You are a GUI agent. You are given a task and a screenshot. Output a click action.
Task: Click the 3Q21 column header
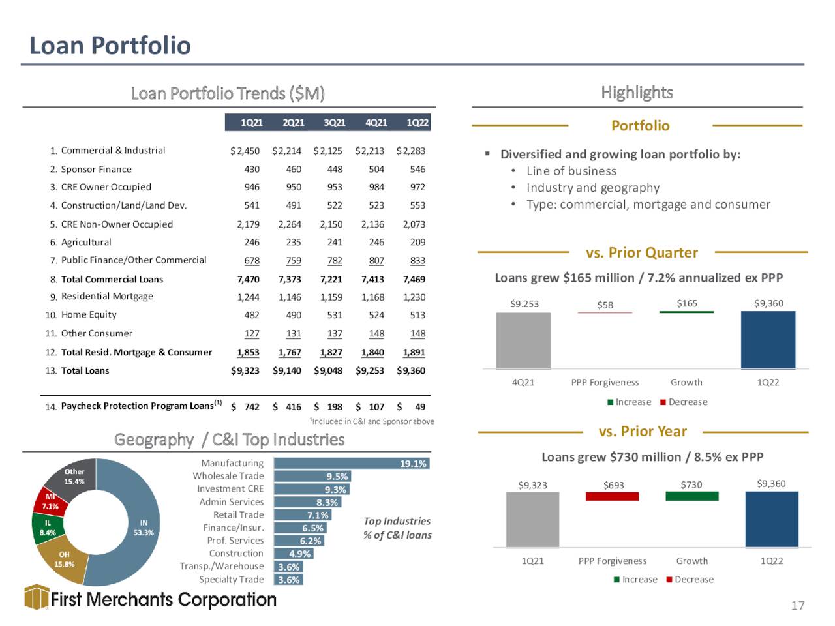(335, 123)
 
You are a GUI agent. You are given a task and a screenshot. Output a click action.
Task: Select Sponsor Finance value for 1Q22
(417, 169)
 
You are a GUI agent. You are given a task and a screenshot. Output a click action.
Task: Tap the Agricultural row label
(86, 242)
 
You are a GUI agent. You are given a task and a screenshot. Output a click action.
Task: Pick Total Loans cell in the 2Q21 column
(286, 370)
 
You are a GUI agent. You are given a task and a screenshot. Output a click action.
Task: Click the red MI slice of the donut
(49, 501)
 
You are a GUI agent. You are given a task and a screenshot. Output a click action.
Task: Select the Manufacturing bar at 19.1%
(352, 464)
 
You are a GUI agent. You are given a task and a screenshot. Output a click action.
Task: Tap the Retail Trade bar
(303, 515)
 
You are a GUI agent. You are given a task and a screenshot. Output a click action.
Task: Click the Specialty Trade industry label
(232, 579)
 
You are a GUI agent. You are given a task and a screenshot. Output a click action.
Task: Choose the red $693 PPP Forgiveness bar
(612, 496)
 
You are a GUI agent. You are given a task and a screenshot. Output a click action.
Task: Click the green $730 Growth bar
(692, 496)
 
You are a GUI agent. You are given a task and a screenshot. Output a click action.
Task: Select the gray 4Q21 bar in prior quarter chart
(523, 340)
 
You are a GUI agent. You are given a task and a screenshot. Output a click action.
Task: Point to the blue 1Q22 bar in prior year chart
(772, 520)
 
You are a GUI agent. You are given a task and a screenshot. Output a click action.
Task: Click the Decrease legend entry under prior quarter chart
(684, 402)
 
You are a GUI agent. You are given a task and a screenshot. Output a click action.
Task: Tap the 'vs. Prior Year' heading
(643, 432)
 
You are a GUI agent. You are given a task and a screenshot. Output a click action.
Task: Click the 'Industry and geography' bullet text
(593, 188)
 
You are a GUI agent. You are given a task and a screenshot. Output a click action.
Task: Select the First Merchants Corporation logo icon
(37, 597)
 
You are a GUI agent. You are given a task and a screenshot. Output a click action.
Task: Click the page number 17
(798, 606)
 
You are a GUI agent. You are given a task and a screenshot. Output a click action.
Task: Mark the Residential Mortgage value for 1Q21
(248, 297)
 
